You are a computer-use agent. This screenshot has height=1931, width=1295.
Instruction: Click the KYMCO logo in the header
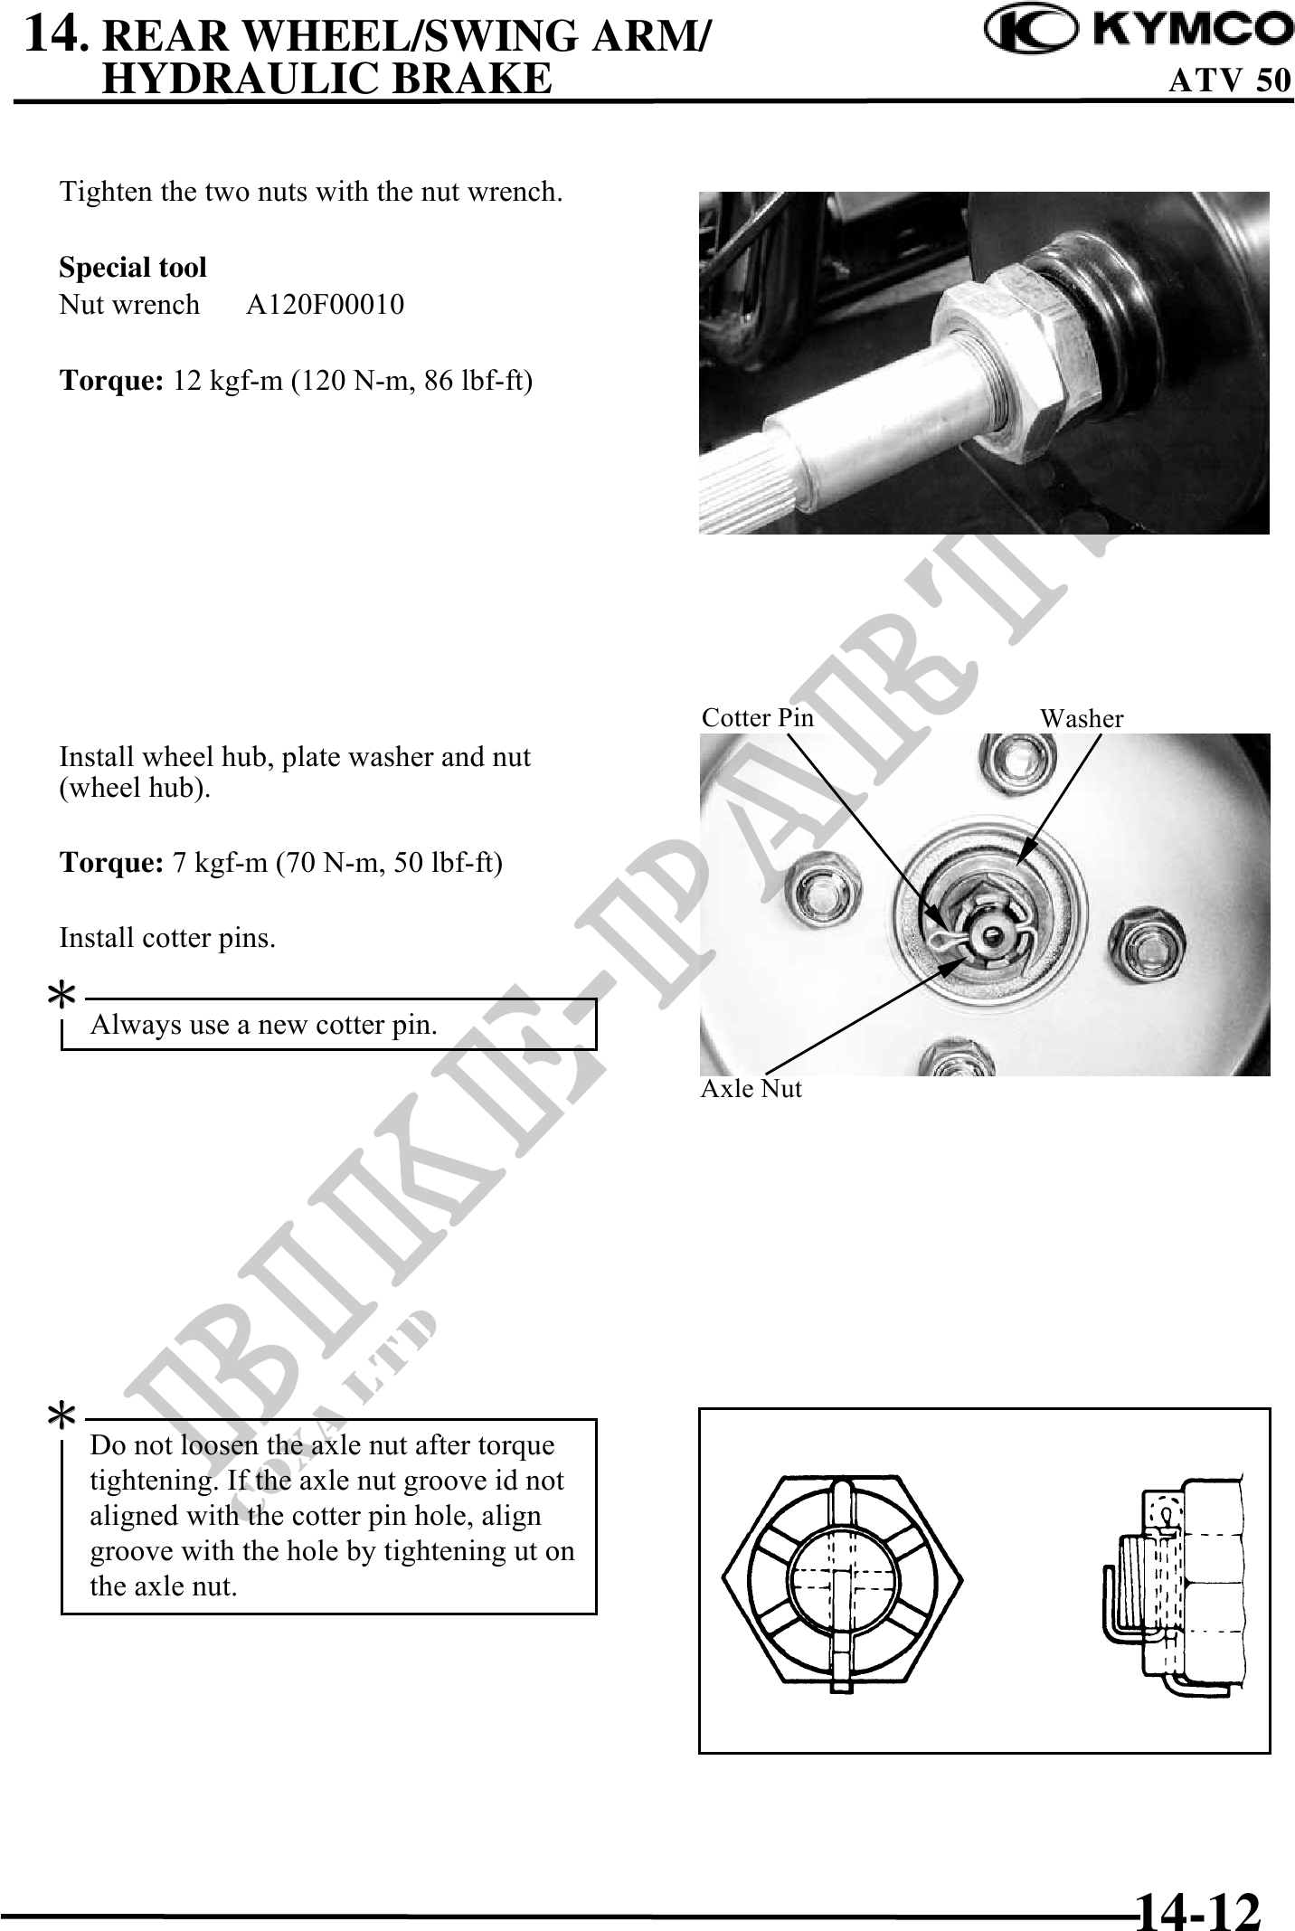click(x=1139, y=30)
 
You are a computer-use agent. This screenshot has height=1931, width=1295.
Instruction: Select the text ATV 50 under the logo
click(x=1230, y=80)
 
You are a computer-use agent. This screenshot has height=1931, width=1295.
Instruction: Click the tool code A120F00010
click(x=326, y=305)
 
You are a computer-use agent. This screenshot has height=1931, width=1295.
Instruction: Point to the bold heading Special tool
click(x=133, y=268)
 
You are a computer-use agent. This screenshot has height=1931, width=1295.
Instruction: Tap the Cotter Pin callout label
click(x=758, y=718)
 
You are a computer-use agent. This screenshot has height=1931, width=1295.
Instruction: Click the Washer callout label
click(x=1082, y=719)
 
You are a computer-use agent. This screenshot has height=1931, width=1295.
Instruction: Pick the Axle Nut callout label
click(x=751, y=1088)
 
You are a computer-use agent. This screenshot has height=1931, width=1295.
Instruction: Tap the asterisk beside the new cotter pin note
click(x=61, y=999)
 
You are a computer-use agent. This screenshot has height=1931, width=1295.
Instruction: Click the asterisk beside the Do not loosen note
click(x=61, y=1417)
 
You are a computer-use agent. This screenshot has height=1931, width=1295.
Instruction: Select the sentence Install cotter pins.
click(x=167, y=939)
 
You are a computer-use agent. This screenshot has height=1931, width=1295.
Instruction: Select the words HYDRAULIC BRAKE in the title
click(x=326, y=78)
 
